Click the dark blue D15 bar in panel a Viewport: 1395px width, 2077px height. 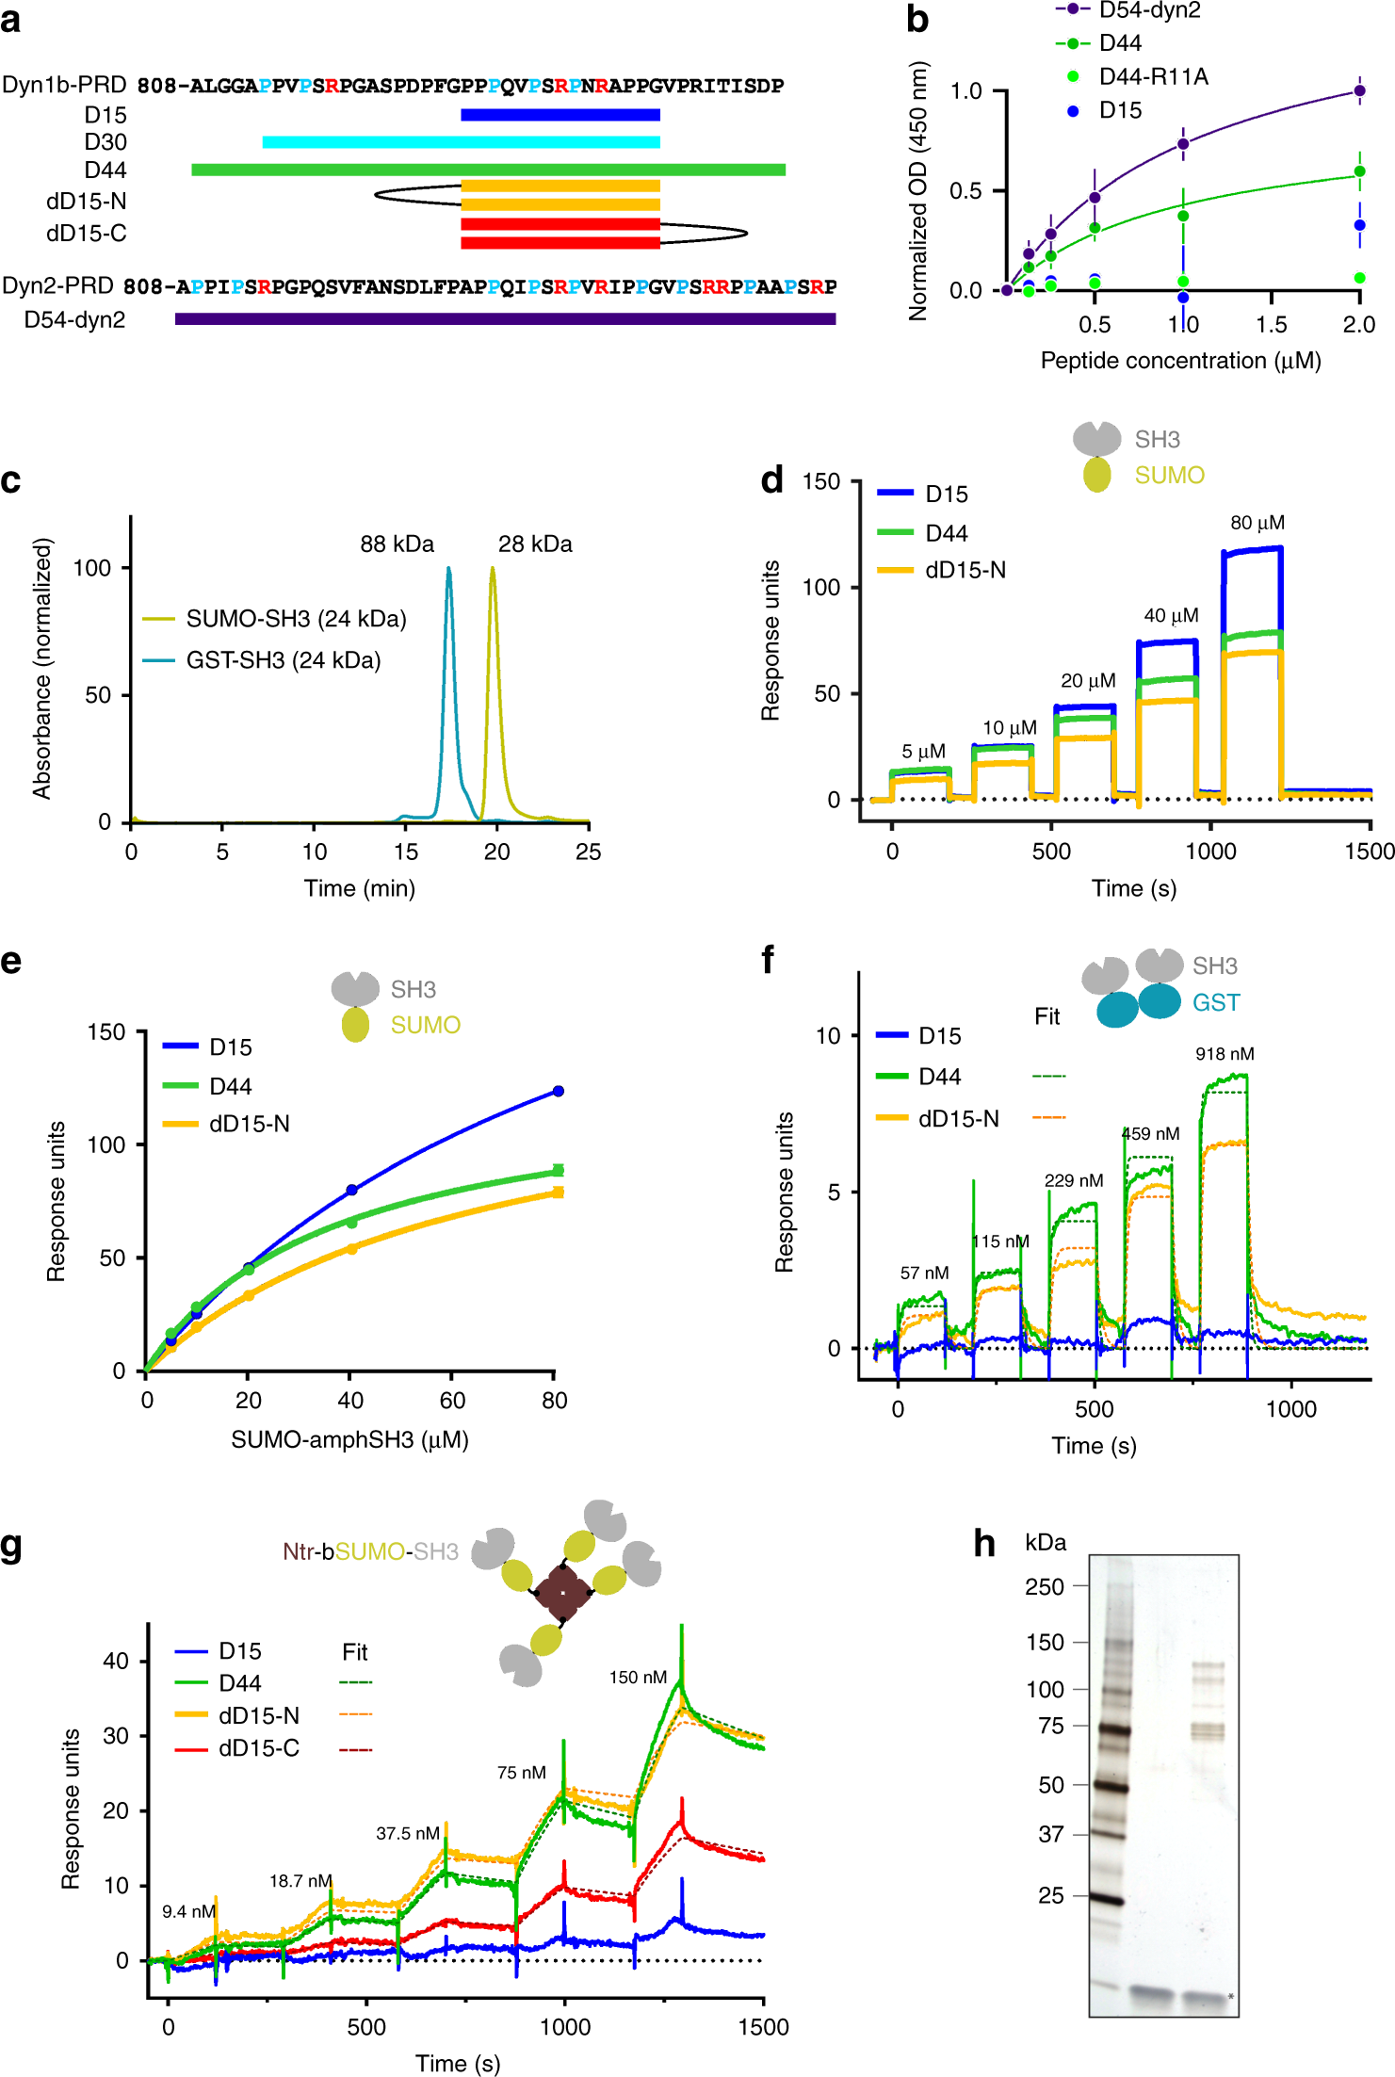tap(560, 115)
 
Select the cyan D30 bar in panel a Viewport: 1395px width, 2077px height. tap(461, 142)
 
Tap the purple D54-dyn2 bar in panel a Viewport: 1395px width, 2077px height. tap(505, 319)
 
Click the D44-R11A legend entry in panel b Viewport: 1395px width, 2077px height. tap(1153, 76)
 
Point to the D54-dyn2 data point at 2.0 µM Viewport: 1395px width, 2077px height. tap(1359, 91)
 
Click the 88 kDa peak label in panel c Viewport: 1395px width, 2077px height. tap(397, 544)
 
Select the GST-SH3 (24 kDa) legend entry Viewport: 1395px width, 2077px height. tap(283, 660)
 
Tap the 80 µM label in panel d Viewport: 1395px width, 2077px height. tap(1257, 523)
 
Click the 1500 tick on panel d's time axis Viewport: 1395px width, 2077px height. tap(1369, 852)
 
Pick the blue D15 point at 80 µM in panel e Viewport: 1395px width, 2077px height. tap(559, 1091)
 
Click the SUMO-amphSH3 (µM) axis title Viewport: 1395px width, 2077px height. tap(349, 1439)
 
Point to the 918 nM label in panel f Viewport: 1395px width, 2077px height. tap(1225, 1054)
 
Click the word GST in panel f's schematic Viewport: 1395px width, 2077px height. tap(1216, 1002)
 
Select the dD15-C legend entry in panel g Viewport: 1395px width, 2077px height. tap(259, 1748)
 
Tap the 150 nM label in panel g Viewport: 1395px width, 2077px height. tap(638, 1677)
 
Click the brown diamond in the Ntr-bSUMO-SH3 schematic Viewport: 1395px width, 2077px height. tap(562, 1593)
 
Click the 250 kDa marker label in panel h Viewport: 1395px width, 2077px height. tap(1044, 1587)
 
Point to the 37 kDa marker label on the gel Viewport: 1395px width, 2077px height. tap(1050, 1834)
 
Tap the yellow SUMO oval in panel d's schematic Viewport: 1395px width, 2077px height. tap(1096, 475)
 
